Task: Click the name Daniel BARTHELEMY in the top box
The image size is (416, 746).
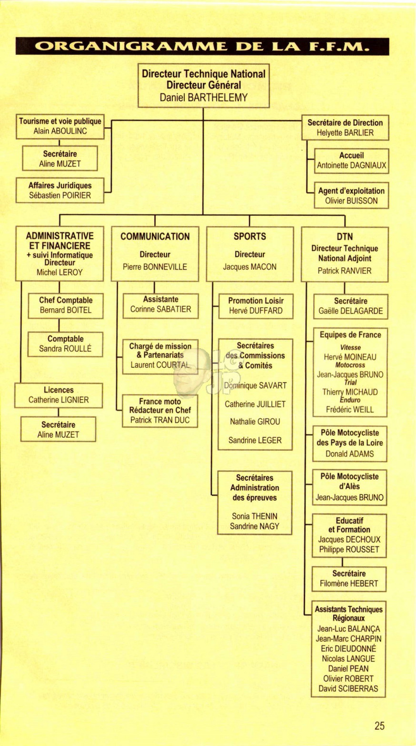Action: tap(204, 98)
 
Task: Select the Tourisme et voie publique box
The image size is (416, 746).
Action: tap(60, 127)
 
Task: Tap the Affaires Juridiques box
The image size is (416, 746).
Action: tap(60, 191)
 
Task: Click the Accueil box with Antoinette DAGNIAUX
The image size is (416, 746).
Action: tap(351, 161)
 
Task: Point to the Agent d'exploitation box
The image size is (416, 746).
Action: tap(351, 195)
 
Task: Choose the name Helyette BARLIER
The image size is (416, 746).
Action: tap(345, 133)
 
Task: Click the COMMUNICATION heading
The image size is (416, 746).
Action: tap(155, 236)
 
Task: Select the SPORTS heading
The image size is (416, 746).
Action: tap(250, 236)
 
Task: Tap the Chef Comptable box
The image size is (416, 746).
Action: tap(66, 306)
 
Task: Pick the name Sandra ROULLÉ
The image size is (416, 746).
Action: tap(65, 349)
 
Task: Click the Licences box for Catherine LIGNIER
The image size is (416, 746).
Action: tap(59, 395)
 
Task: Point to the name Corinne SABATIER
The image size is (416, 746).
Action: tap(161, 309)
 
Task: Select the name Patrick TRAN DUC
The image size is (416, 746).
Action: tap(160, 420)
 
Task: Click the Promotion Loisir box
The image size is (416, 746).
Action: tap(256, 306)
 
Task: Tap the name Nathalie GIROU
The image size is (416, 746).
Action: tap(255, 422)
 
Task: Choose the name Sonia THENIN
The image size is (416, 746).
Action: tap(255, 516)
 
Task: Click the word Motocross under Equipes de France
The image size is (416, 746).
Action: tap(350, 365)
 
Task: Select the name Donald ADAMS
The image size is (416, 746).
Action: tap(350, 454)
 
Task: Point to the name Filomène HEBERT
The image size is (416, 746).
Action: tap(349, 584)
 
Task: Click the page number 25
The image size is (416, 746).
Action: tap(380, 726)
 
